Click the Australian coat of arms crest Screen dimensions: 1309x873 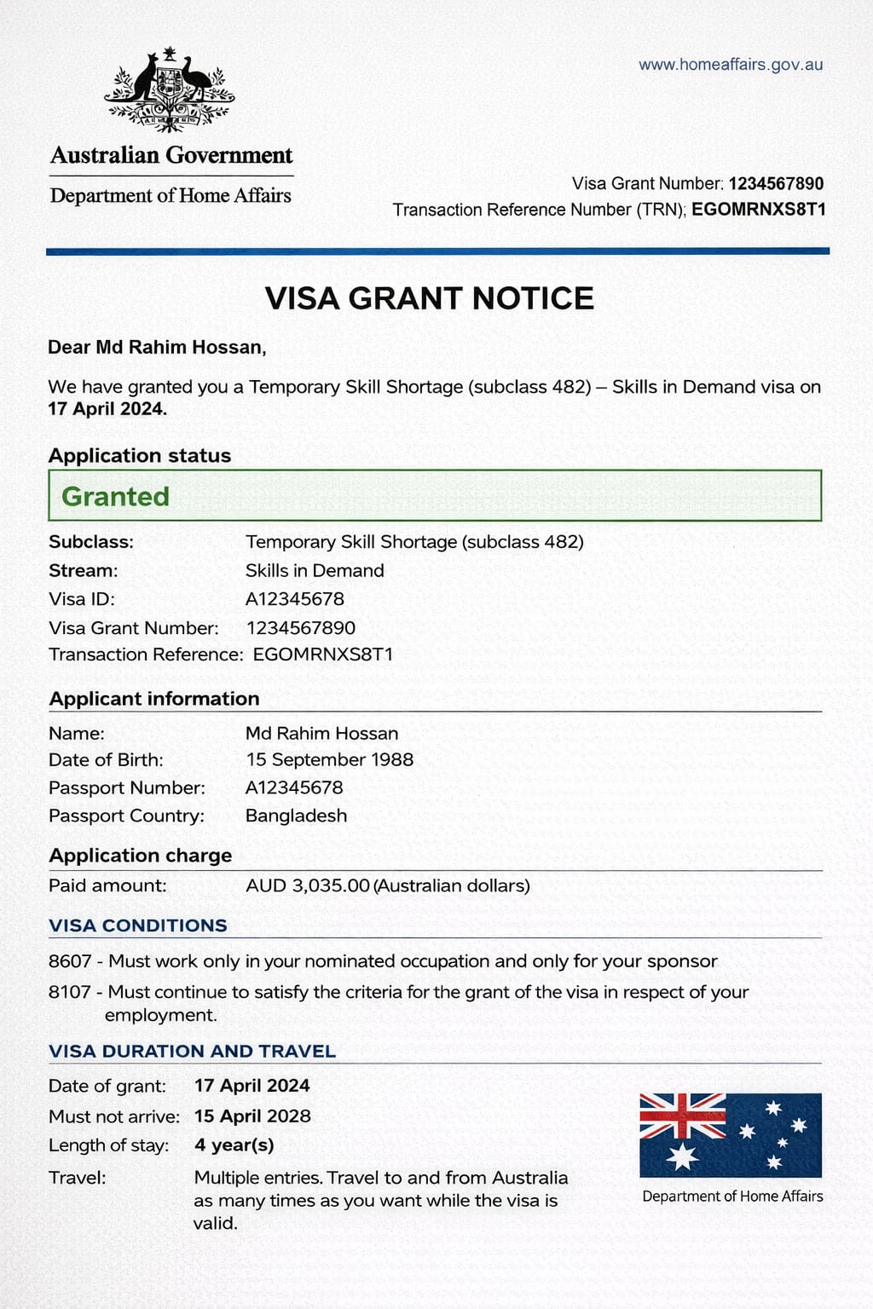click(170, 90)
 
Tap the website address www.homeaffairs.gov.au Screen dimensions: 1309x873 click(731, 65)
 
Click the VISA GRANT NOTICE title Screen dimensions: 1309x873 click(429, 298)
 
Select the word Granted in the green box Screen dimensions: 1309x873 click(115, 496)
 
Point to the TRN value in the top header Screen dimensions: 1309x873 click(758, 210)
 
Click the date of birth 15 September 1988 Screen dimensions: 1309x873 click(329, 759)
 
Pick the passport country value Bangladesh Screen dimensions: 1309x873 click(296, 816)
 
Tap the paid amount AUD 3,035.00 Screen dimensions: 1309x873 click(308, 885)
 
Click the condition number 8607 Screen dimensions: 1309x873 click(70, 961)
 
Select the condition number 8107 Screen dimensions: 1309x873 click(70, 992)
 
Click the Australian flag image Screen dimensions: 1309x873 click(731, 1135)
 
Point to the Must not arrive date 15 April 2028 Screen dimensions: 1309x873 click(252, 1116)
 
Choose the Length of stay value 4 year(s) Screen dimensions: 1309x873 click(234, 1145)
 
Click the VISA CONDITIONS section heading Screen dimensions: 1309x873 click(138, 926)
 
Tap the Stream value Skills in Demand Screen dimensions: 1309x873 click(315, 570)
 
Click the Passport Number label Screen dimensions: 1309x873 click(127, 787)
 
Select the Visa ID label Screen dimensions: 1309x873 click(82, 599)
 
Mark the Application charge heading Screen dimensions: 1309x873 click(141, 856)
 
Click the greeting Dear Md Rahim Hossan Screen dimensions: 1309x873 click(157, 347)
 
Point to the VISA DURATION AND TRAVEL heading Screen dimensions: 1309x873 click(193, 1051)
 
